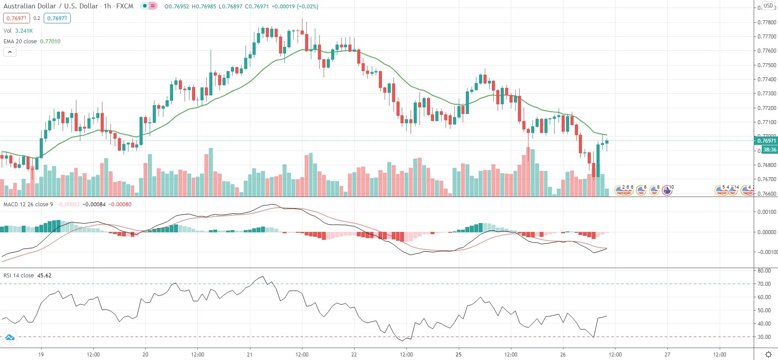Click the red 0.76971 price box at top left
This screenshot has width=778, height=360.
tap(16, 19)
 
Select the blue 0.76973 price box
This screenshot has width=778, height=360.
tap(57, 19)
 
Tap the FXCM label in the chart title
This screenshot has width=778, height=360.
tap(125, 6)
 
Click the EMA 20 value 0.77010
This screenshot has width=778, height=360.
tap(50, 42)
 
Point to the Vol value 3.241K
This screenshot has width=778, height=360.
tap(24, 31)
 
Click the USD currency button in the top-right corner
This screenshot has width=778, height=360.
tap(768, 6)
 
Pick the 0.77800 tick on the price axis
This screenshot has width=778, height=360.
tap(767, 22)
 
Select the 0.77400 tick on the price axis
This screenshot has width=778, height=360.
tap(767, 80)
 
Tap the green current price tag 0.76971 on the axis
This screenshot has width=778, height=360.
tap(767, 141)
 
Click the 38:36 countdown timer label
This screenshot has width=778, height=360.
tap(770, 150)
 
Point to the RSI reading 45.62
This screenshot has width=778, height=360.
tap(44, 276)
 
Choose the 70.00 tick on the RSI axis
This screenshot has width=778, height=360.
tap(764, 284)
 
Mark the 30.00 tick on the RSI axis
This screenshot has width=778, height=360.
tap(764, 337)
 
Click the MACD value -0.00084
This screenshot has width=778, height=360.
tap(94, 205)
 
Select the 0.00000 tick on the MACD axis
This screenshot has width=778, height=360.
tap(767, 232)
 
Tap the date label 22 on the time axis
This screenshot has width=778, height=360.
tap(354, 354)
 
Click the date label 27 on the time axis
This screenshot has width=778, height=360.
tap(667, 354)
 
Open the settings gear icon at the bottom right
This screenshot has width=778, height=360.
tap(768, 354)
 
